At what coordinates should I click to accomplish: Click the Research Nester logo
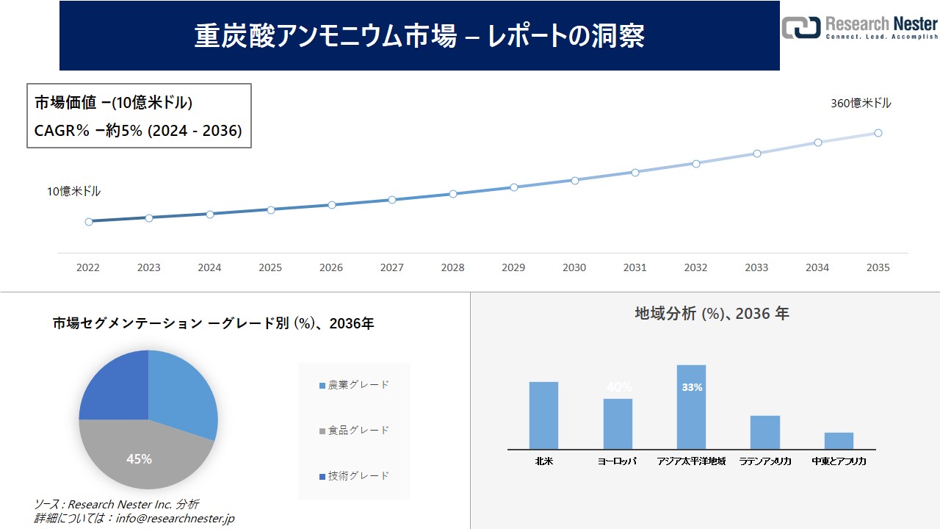click(859, 27)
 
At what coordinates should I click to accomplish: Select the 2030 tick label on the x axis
click(574, 268)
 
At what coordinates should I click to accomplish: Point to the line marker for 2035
click(878, 133)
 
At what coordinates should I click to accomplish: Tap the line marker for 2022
click(89, 221)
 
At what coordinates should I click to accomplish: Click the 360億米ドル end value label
click(861, 104)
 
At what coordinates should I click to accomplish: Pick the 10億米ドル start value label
click(74, 192)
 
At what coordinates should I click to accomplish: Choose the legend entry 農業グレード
click(354, 385)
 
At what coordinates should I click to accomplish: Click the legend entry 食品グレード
click(354, 431)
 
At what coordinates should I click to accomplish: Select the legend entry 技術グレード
click(354, 476)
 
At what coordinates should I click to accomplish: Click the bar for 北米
click(543, 416)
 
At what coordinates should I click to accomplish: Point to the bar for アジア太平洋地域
click(691, 408)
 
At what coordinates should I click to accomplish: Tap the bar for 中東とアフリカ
click(839, 441)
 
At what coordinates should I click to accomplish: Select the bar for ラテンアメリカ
click(765, 433)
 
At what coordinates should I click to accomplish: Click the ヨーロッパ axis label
click(617, 461)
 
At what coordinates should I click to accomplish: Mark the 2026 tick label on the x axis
click(331, 268)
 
